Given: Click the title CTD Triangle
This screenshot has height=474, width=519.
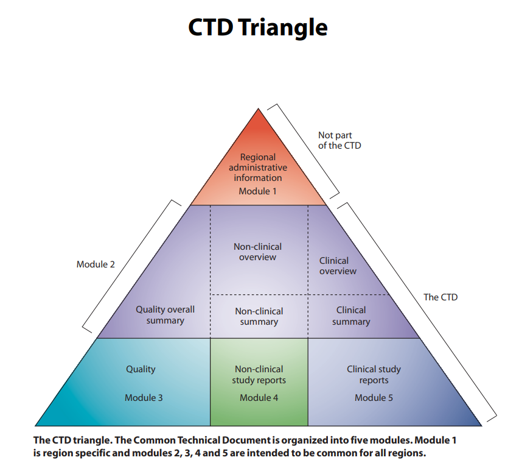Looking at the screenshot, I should [258, 27].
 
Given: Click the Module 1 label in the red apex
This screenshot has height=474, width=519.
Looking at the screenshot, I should [257, 191].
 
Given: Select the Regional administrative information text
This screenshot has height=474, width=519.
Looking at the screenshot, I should [258, 168].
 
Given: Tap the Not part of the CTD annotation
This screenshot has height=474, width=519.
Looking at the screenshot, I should [339, 141].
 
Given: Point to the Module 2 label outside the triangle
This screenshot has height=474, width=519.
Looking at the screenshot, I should [96, 264].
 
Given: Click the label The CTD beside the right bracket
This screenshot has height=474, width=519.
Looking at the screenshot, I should [441, 297].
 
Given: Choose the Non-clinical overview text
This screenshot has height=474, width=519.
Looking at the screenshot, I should [258, 252].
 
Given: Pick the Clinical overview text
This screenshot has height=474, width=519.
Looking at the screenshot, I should [338, 266].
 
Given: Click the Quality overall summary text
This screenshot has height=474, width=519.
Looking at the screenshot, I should [165, 315].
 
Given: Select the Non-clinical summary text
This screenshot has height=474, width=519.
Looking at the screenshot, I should [259, 316].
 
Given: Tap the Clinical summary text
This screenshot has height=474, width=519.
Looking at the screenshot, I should [351, 316].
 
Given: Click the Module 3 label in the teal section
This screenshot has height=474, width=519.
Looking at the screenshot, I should [144, 398].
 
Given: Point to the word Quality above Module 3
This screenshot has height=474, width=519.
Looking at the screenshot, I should [141, 369].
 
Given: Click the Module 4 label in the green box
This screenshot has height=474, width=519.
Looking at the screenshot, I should [259, 398].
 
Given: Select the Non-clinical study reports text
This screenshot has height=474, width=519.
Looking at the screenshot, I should [259, 375].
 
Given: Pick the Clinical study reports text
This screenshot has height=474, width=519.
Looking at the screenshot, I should [374, 375].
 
